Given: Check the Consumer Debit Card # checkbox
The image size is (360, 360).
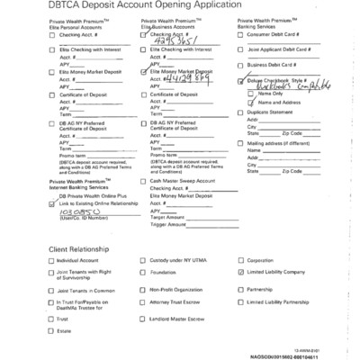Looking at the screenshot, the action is pos(241,32).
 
